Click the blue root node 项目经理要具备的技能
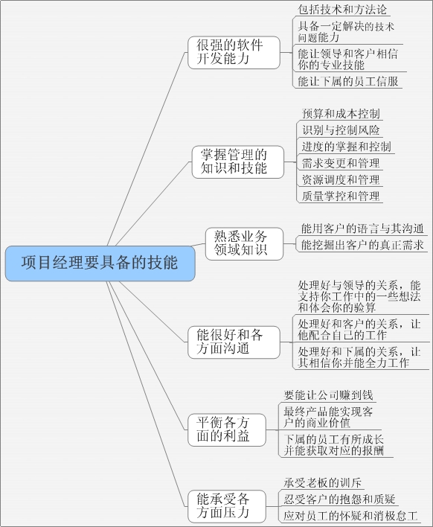point(100,263)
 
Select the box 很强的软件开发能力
point(234,53)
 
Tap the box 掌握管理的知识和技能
point(238,162)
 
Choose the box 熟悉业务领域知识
point(244,243)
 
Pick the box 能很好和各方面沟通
point(234,342)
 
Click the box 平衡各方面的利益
point(227,430)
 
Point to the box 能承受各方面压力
point(227,506)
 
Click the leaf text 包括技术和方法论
point(342,10)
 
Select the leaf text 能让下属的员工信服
point(348,81)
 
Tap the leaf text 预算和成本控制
point(341,114)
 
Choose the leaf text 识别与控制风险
point(341,130)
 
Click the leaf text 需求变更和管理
point(341,163)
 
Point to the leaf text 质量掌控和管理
point(341,196)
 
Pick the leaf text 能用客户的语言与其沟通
point(362,229)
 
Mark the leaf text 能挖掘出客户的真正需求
point(362,245)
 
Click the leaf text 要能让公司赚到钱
point(328,395)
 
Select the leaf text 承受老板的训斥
point(322,482)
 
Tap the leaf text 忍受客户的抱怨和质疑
point(339,499)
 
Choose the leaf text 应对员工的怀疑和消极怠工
point(350,516)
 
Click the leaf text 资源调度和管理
point(341,179)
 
